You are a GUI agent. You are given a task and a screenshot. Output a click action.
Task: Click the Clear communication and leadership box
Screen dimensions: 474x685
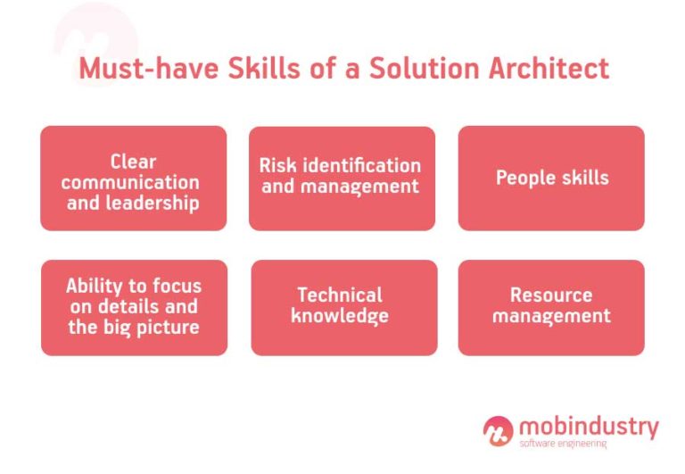tap(134, 179)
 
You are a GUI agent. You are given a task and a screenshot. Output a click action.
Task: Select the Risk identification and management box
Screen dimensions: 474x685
tap(342, 179)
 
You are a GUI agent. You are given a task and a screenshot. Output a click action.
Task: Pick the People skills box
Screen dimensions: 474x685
tap(551, 179)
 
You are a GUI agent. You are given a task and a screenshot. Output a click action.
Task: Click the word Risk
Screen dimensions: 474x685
tap(276, 166)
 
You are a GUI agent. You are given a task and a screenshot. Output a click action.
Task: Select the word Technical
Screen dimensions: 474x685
tap(340, 295)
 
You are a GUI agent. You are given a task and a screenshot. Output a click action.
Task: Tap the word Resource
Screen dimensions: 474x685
tap(551, 295)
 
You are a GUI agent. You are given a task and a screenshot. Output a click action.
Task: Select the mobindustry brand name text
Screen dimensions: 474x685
tap(589, 426)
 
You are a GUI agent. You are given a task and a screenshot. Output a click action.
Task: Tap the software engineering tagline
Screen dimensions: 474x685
tap(563, 444)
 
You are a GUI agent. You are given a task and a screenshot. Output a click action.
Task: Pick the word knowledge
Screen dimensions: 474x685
tap(340, 316)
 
